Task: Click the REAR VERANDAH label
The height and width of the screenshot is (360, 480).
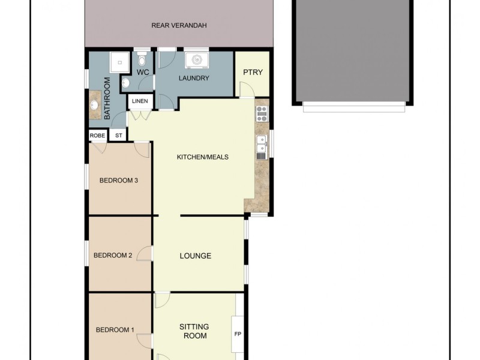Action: click(x=179, y=26)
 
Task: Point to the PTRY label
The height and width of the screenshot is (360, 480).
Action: click(x=251, y=73)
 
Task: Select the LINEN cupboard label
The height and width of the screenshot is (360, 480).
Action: click(x=140, y=101)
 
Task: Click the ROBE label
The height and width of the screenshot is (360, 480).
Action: click(x=97, y=136)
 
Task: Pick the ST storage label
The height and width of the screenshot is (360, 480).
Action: click(x=118, y=136)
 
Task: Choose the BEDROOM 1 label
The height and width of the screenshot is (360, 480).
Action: click(x=115, y=329)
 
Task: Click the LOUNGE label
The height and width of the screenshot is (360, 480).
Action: click(x=196, y=256)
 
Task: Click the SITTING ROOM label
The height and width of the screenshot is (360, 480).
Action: click(x=194, y=331)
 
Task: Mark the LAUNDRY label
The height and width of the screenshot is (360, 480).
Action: click(x=194, y=78)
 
